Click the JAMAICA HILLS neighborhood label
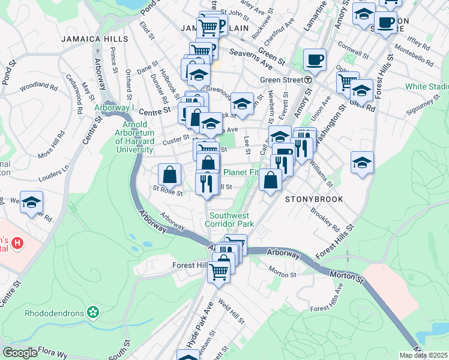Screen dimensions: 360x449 click(94, 39)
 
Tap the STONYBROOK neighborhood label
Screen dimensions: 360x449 click(314, 199)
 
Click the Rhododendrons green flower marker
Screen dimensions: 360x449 click(92, 312)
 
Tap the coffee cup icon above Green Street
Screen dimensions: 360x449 click(314, 60)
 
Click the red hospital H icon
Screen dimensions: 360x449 click(18, 244)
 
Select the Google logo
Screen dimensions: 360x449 click(20, 353)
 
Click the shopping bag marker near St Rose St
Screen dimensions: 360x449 click(170, 175)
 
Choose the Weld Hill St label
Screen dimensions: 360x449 click(231, 312)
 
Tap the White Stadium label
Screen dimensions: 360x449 click(427, 87)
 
